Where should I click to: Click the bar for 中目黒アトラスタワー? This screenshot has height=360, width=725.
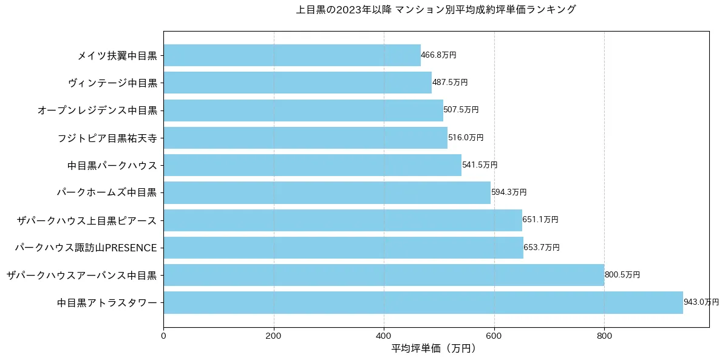[423, 302]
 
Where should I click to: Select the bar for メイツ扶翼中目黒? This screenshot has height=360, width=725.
[291, 55]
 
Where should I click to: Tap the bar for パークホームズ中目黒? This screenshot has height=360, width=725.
[327, 192]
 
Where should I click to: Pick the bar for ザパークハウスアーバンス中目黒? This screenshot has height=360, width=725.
[384, 275]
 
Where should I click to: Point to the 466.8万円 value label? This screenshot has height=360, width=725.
[438, 55]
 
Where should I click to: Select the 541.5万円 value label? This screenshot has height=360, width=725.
[480, 165]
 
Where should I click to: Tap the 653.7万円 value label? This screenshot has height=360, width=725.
[542, 248]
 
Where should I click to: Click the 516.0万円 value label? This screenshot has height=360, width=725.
[466, 138]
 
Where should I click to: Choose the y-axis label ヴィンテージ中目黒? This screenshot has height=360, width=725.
[112, 83]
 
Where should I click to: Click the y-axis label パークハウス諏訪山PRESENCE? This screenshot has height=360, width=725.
[86, 248]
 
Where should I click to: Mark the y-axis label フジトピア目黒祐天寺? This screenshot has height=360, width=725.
[107, 138]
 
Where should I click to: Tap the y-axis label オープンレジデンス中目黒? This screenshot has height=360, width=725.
[97, 110]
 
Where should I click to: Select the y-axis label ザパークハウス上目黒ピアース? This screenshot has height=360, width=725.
[87, 220]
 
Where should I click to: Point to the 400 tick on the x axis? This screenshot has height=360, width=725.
[384, 334]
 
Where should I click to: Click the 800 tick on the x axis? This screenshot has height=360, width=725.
[604, 334]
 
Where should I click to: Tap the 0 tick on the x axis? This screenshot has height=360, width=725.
[163, 334]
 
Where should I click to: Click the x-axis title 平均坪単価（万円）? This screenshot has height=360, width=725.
[434, 348]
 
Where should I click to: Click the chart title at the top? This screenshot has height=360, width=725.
[435, 10]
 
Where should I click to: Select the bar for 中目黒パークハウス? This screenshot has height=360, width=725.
[312, 165]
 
